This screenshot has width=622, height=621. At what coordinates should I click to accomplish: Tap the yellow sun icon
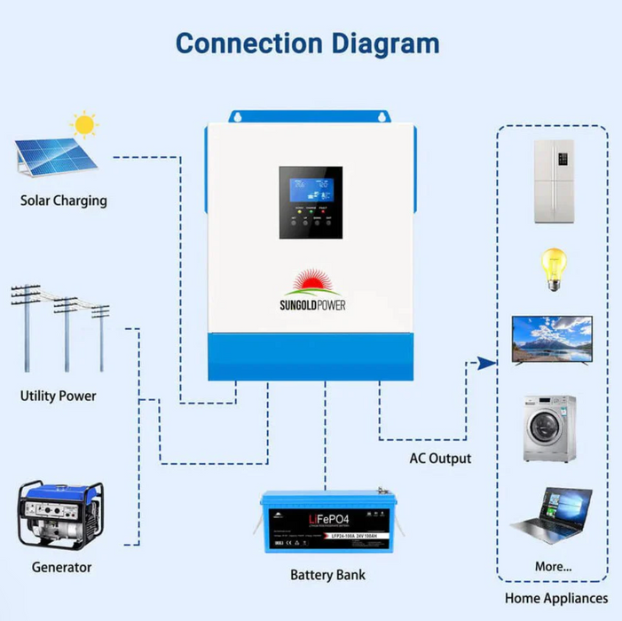84,125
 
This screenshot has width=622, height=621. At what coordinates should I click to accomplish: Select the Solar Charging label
64,200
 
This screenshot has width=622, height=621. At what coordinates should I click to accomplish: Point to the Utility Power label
59,396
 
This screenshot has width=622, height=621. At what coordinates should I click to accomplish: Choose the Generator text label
61,567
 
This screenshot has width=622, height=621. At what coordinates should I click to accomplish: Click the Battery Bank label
327,575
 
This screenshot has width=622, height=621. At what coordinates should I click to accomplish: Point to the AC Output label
440,459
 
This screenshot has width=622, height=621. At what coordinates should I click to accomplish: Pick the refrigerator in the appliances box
553,181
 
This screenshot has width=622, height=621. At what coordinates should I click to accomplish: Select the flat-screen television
552,339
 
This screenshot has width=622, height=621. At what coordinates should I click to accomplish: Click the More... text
554,566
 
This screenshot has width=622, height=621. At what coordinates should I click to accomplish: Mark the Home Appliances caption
556,599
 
